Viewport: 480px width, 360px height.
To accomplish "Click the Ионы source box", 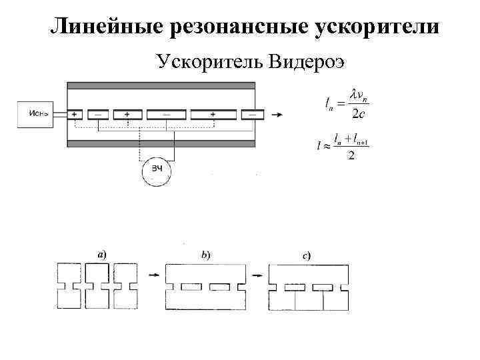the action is click(37, 114).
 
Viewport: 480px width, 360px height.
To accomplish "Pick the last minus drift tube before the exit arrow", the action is click(252, 115).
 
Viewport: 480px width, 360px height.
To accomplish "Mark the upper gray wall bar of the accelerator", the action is click(161, 85).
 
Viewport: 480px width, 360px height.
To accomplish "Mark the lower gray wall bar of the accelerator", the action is click(161, 143).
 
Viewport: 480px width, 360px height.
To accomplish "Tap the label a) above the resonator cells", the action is click(101, 254).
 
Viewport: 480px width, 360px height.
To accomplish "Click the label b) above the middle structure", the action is click(205, 254).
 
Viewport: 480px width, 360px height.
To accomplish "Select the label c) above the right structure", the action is click(305, 254).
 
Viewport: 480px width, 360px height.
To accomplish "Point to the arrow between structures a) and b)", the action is click(153, 275).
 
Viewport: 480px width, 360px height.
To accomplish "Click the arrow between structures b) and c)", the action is click(256, 275).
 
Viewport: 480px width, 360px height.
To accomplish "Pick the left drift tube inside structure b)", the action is click(192, 287).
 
